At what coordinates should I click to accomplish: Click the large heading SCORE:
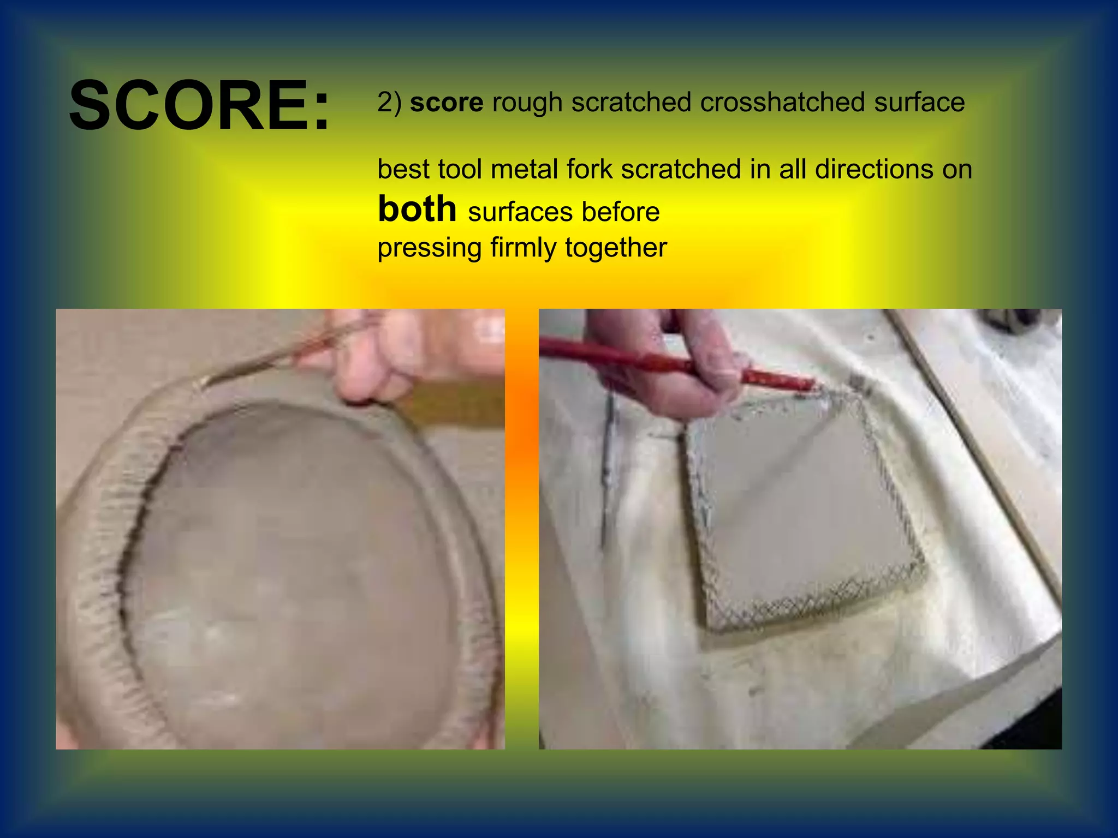pos(200,105)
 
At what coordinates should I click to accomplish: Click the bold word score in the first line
pos(446,103)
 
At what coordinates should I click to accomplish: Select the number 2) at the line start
pos(389,103)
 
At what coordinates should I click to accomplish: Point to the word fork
pos(589,169)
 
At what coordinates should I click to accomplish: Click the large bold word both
pos(417,209)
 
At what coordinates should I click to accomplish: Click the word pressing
pos(429,248)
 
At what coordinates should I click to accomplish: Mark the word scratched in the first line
pos(631,103)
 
